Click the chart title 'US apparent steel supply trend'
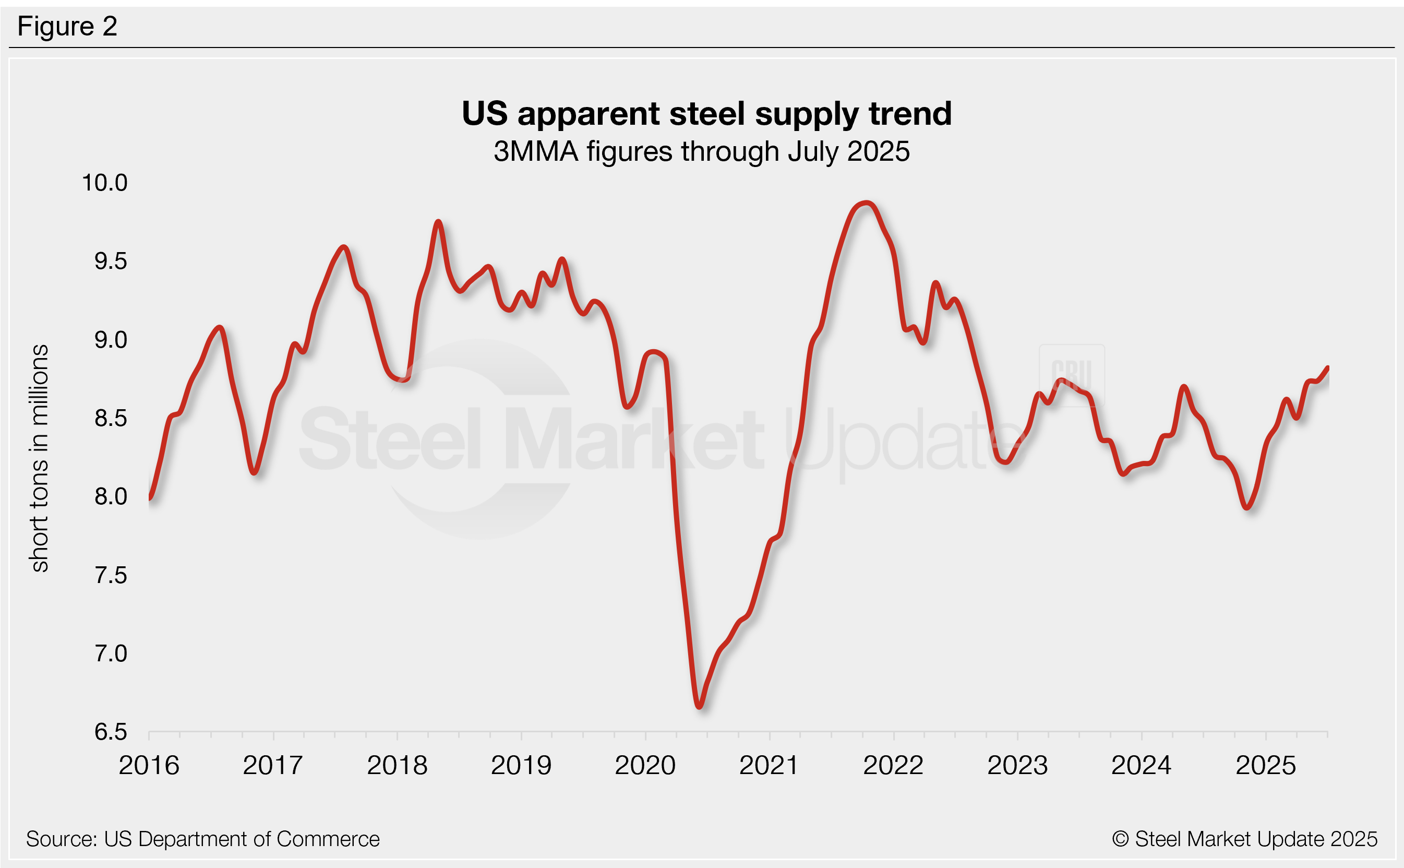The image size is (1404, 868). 706,114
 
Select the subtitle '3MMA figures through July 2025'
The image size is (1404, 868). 701,152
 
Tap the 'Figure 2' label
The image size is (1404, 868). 67,27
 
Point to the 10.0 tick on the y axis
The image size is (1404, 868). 104,183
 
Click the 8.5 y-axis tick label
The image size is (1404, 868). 110,419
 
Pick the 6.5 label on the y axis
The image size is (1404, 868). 110,732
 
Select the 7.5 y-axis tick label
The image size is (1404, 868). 110,575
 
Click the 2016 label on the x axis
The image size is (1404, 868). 149,766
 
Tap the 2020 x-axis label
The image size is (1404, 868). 645,766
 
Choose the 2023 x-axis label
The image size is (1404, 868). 1017,766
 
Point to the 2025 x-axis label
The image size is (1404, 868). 1265,766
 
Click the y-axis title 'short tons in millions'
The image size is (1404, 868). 40,458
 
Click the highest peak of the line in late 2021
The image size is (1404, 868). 867,203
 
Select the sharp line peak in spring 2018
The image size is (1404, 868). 438,222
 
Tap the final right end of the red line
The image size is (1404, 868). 1328,368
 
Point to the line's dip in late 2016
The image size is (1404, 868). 254,473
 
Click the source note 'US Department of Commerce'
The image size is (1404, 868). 202,839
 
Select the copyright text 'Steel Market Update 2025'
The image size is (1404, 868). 1244,839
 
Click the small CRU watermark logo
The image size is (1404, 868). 1071,375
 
